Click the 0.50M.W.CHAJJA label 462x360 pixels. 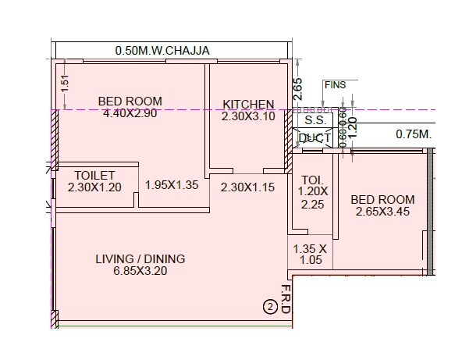click(x=163, y=51)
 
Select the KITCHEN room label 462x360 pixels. click(x=248, y=104)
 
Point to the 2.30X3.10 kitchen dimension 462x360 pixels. click(x=248, y=116)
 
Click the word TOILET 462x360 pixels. click(x=94, y=175)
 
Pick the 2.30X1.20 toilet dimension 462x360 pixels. click(x=94, y=187)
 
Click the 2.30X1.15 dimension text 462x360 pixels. click(x=247, y=187)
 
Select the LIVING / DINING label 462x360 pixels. click(x=140, y=259)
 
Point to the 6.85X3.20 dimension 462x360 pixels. click(x=140, y=272)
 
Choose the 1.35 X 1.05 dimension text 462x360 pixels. click(x=307, y=255)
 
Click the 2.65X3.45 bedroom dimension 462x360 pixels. click(x=383, y=211)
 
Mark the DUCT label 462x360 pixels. click(x=315, y=138)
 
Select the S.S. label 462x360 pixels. click(x=314, y=121)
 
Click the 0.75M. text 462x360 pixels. click(x=414, y=134)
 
